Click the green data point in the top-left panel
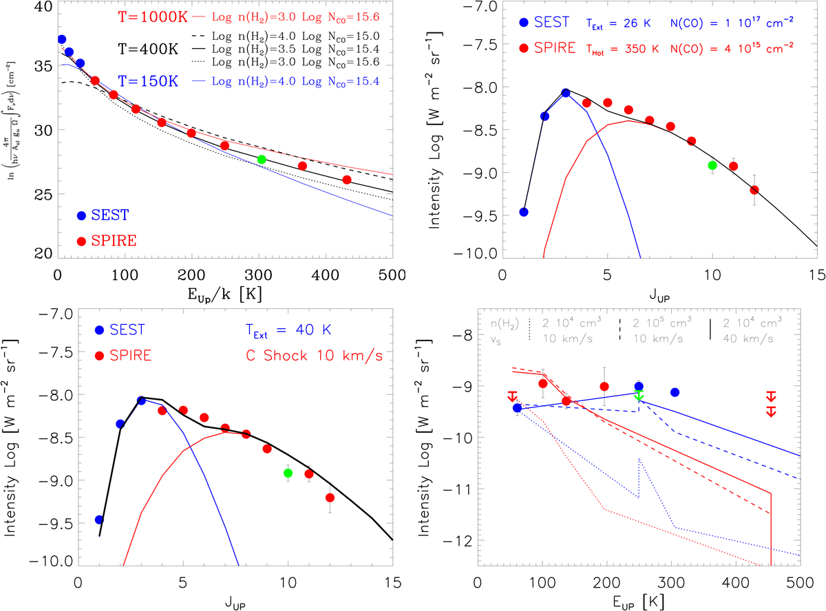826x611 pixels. point(262,160)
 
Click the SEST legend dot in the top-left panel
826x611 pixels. point(81,215)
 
